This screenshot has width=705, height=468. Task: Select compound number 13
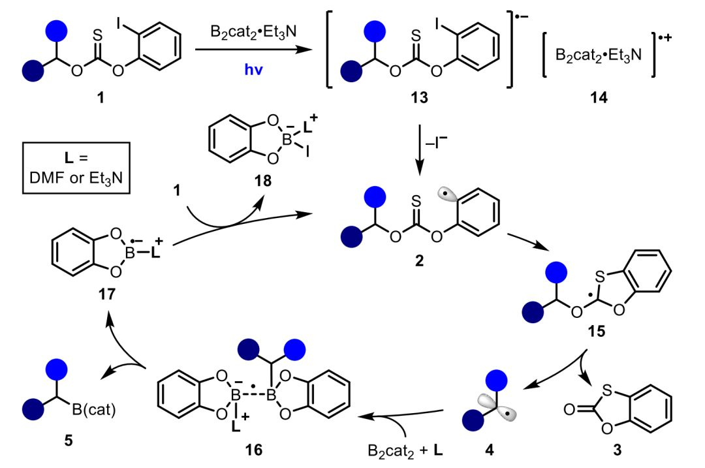[420, 98]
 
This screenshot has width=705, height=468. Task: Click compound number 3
[617, 449]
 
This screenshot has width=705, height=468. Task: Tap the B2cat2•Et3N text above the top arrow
[247, 33]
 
